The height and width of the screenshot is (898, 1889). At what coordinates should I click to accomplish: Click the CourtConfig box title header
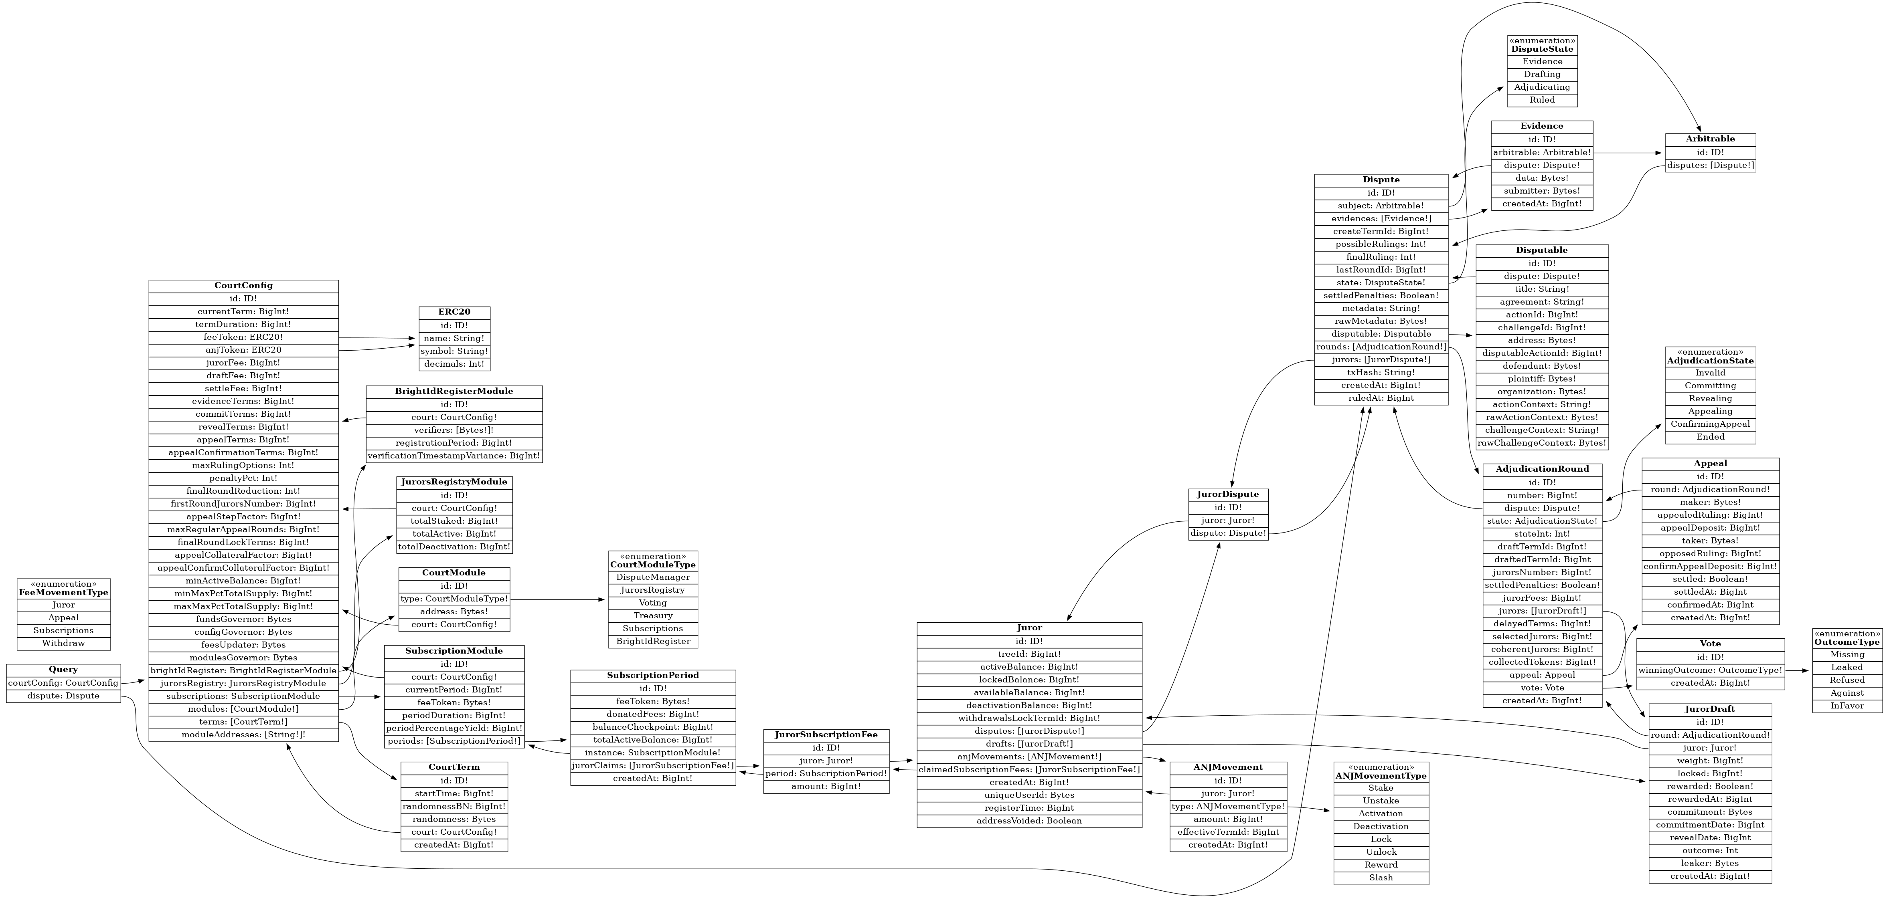point(243,285)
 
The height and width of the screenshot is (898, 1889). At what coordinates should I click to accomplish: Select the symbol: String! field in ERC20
point(455,351)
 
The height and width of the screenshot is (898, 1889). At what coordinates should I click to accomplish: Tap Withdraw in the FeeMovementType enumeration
point(64,643)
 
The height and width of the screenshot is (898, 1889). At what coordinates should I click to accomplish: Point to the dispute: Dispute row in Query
point(64,696)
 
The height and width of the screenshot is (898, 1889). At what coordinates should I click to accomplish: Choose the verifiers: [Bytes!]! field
point(454,430)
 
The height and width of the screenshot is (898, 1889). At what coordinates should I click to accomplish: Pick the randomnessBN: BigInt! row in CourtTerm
point(454,806)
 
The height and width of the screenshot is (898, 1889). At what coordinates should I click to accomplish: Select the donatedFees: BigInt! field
point(653,714)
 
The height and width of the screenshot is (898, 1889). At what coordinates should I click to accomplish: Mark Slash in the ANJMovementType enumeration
point(1381,878)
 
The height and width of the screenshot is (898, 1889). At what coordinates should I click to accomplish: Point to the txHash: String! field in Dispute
point(1381,372)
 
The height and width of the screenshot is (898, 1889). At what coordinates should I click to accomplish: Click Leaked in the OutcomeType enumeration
point(1846,667)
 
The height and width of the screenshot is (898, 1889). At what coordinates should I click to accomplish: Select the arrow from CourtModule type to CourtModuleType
point(557,599)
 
